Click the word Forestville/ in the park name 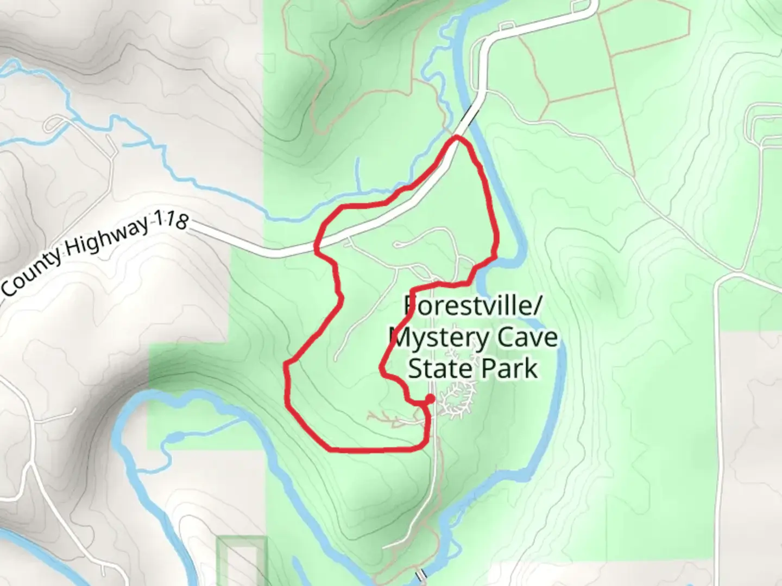pos(472,306)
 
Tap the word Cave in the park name pos(527,337)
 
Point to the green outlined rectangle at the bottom pos(242,562)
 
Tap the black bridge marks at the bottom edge pos(421,574)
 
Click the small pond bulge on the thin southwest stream pos(173,436)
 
